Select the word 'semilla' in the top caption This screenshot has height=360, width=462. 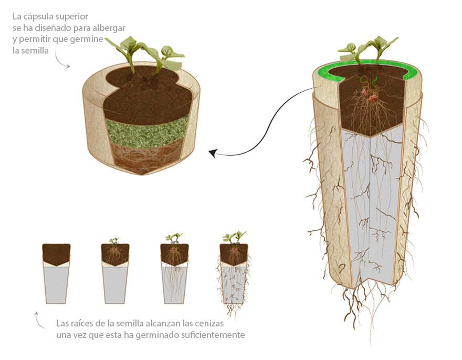pos(32,50)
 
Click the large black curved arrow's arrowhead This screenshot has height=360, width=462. pos(212,153)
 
